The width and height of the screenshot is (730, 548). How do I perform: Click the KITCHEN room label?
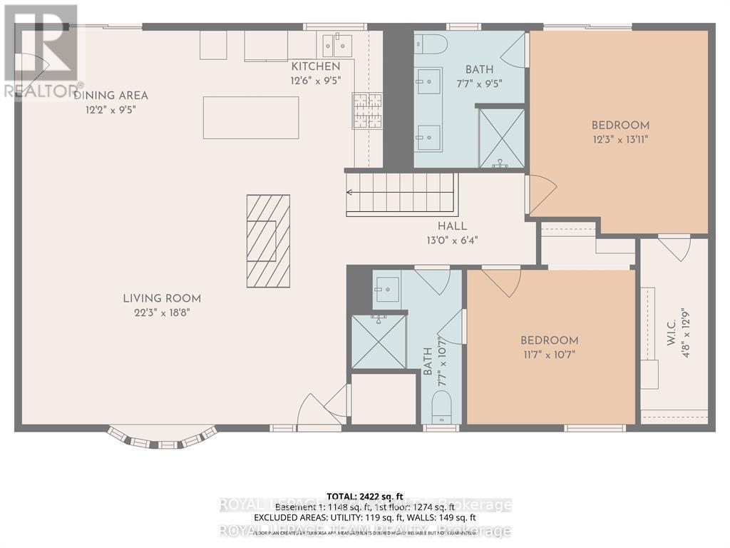pyautogui.click(x=310, y=66)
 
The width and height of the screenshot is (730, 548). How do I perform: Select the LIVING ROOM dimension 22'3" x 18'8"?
pyautogui.click(x=161, y=312)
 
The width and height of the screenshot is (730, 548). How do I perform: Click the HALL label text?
pyautogui.click(x=452, y=226)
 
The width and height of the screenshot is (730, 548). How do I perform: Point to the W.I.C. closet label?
pyautogui.click(x=671, y=326)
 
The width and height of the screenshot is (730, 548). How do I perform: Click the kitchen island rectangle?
pyautogui.click(x=250, y=118)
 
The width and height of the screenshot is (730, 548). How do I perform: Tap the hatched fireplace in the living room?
pyautogui.click(x=268, y=241)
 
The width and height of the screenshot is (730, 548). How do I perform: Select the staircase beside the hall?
pyautogui.click(x=400, y=193)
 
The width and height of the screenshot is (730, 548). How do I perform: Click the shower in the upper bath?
pyautogui.click(x=501, y=138)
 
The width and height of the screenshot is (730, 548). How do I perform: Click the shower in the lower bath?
pyautogui.click(x=379, y=342)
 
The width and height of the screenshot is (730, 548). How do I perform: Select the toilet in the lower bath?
pyautogui.click(x=442, y=410)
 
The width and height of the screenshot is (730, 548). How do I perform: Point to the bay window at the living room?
pyautogui.click(x=162, y=437)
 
